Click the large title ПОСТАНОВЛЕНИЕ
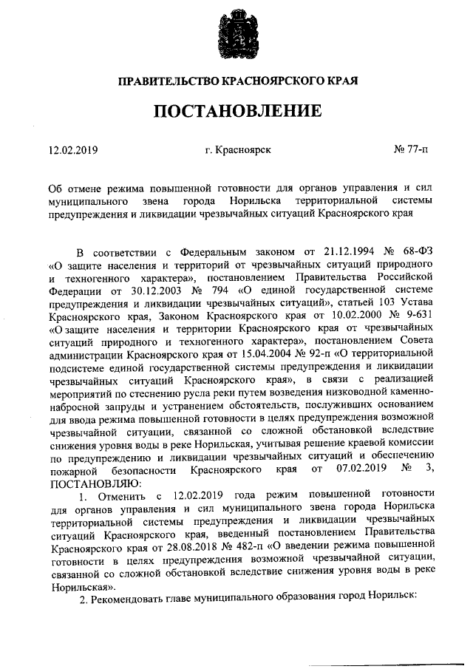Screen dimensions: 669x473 [x=237, y=111]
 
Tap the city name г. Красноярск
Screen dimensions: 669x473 [x=239, y=150]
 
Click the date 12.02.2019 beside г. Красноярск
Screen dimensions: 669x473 [x=73, y=150]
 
